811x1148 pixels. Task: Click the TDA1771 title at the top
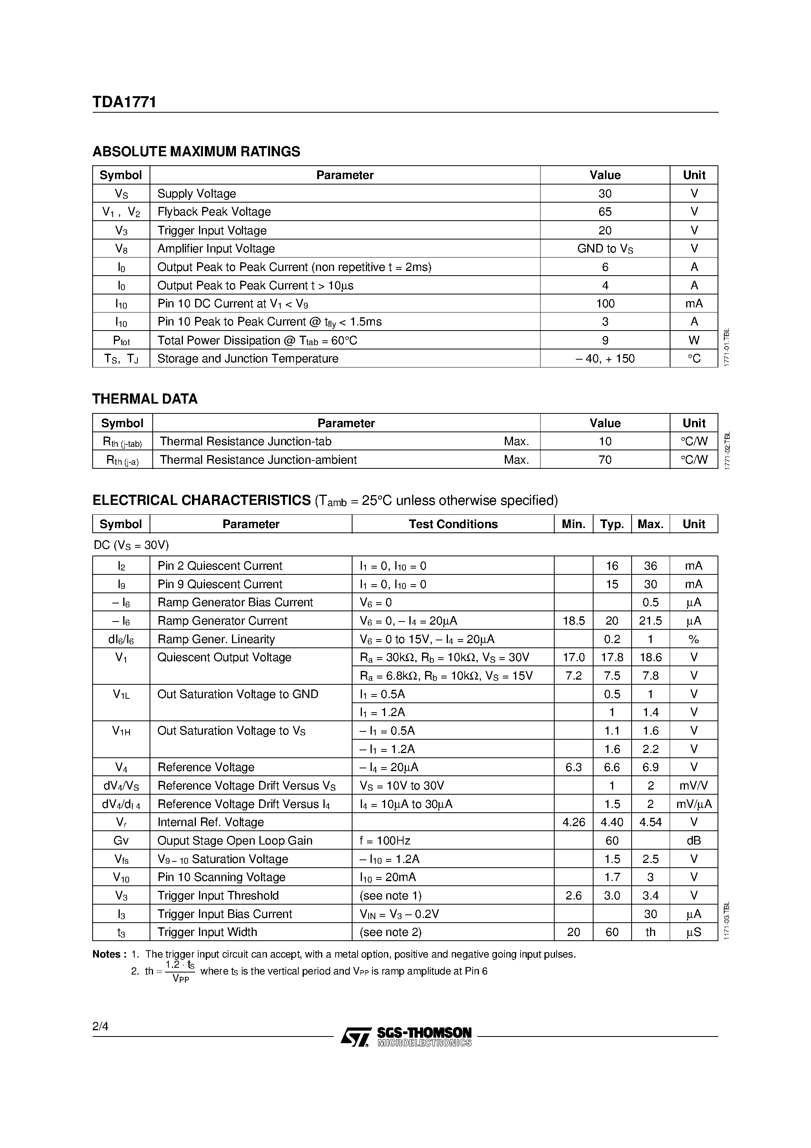(124, 102)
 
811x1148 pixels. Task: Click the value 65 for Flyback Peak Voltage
(605, 212)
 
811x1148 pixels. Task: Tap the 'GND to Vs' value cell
(605, 249)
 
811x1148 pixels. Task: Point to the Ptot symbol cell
(121, 340)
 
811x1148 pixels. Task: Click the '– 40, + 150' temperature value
(605, 359)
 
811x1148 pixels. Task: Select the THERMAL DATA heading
(145, 399)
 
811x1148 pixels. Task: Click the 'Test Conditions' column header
(453, 525)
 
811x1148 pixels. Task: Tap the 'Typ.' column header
(612, 525)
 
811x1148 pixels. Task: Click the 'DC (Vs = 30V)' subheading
(131, 545)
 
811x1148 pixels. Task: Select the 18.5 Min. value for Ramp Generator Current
(574, 621)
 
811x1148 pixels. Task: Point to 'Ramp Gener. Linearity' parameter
(216, 640)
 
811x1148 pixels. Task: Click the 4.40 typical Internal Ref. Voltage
(612, 823)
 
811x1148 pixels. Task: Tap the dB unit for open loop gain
(694, 841)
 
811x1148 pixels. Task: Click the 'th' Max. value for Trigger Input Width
(650, 932)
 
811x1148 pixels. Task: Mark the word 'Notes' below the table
(106, 954)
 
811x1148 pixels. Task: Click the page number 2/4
(100, 1027)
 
